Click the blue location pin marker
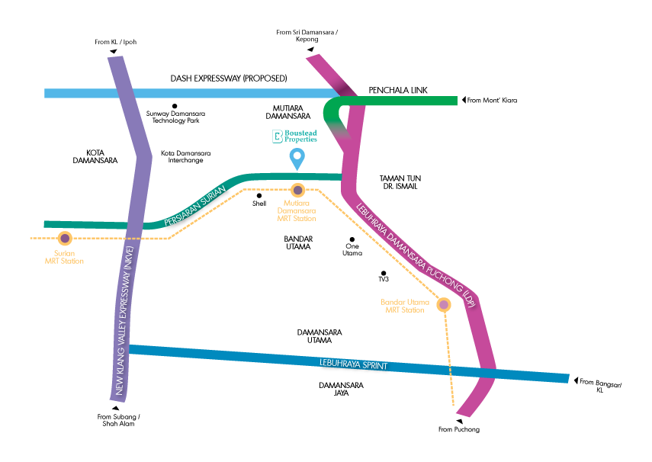click(x=297, y=159)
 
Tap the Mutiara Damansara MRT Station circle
click(x=297, y=191)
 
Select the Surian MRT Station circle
click(x=65, y=239)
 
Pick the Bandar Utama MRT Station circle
click(x=444, y=305)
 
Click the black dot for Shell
click(x=259, y=195)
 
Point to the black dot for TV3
click(x=384, y=273)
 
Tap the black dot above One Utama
click(x=352, y=239)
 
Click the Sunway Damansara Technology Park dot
click(x=175, y=106)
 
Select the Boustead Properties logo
click(x=294, y=136)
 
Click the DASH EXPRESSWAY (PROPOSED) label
click(x=229, y=79)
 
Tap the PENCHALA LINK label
click(x=398, y=90)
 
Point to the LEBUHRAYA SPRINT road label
click(x=353, y=364)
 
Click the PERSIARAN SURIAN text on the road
click(x=195, y=206)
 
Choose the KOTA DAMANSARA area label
click(x=95, y=156)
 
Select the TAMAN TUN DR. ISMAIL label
click(x=400, y=182)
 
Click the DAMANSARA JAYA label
click(x=341, y=389)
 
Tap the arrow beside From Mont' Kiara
click(x=464, y=100)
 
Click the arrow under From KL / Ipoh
click(x=113, y=51)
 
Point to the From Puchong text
click(x=459, y=429)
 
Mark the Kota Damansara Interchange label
click(x=186, y=156)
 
